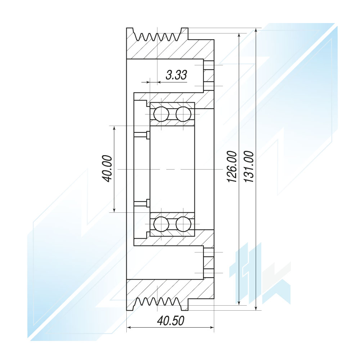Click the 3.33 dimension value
176,75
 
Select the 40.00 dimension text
107,169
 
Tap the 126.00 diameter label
231,167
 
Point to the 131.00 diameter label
249,167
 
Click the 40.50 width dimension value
171,321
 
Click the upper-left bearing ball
161,114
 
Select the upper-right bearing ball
183,114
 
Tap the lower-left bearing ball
161,224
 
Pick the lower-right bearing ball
183,224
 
